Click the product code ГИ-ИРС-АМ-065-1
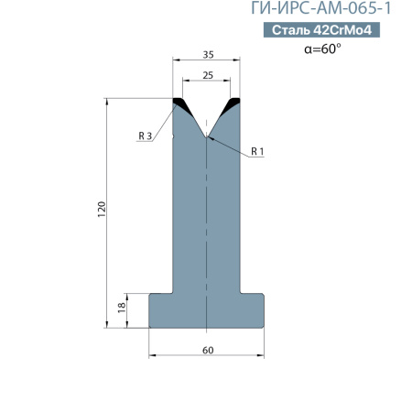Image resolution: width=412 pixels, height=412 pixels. coord(320,8)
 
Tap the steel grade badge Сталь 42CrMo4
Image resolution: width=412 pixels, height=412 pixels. coord(321,30)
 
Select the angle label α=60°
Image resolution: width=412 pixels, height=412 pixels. coord(322,49)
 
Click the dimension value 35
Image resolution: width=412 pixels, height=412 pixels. coord(209,55)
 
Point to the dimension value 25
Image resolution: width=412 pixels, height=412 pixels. coord(208,75)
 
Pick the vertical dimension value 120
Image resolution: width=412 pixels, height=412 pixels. coord(102,210)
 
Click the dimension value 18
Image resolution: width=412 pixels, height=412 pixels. coord(122,307)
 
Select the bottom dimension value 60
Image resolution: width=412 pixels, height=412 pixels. coord(208,350)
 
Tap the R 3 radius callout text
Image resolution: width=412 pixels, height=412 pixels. coord(145,136)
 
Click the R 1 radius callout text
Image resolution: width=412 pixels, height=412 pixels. coord(257,151)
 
